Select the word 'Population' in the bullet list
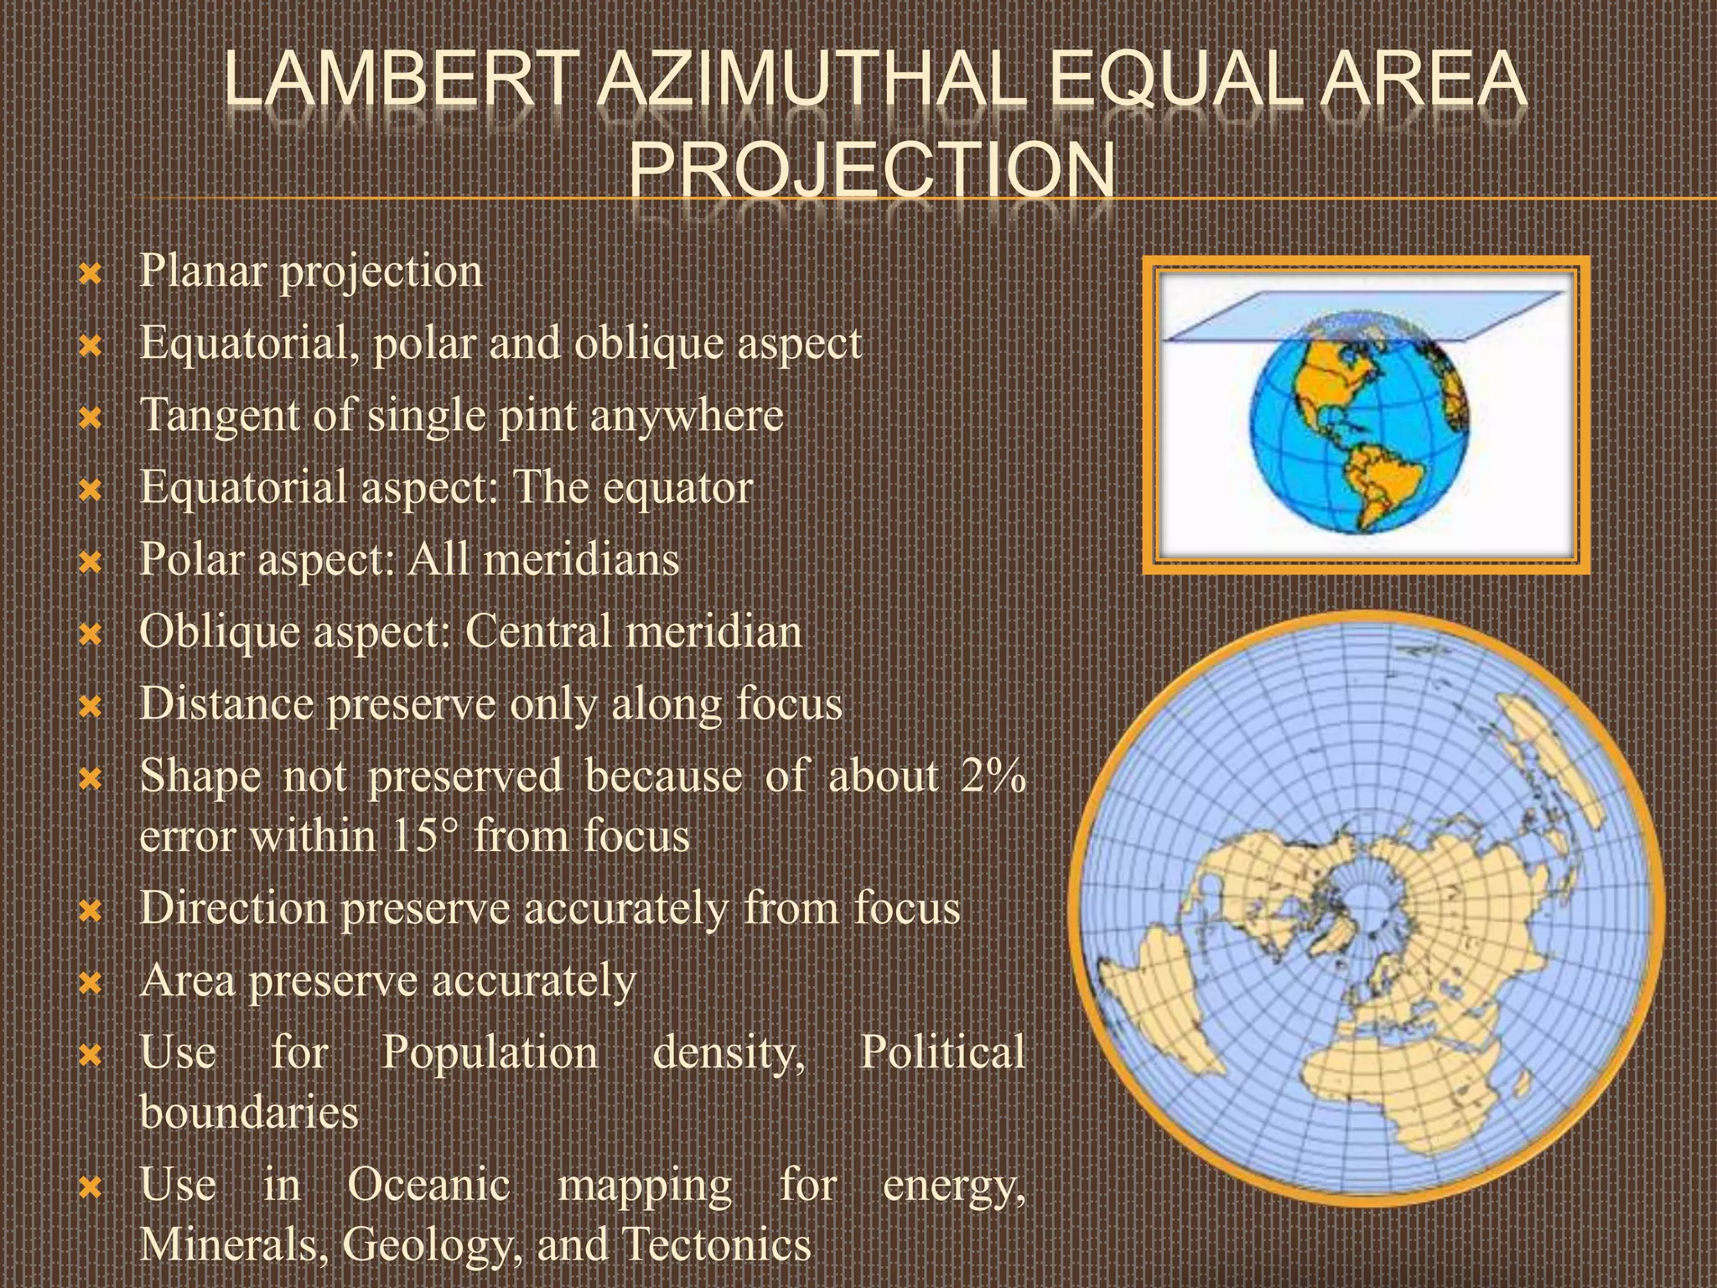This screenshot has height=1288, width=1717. click(x=490, y=1052)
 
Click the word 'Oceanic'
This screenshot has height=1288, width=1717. click(x=428, y=1185)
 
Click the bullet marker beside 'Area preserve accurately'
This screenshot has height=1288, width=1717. click(x=89, y=981)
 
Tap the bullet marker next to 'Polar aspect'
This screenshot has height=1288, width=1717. click(x=89, y=559)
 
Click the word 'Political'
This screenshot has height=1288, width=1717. click(x=942, y=1052)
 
